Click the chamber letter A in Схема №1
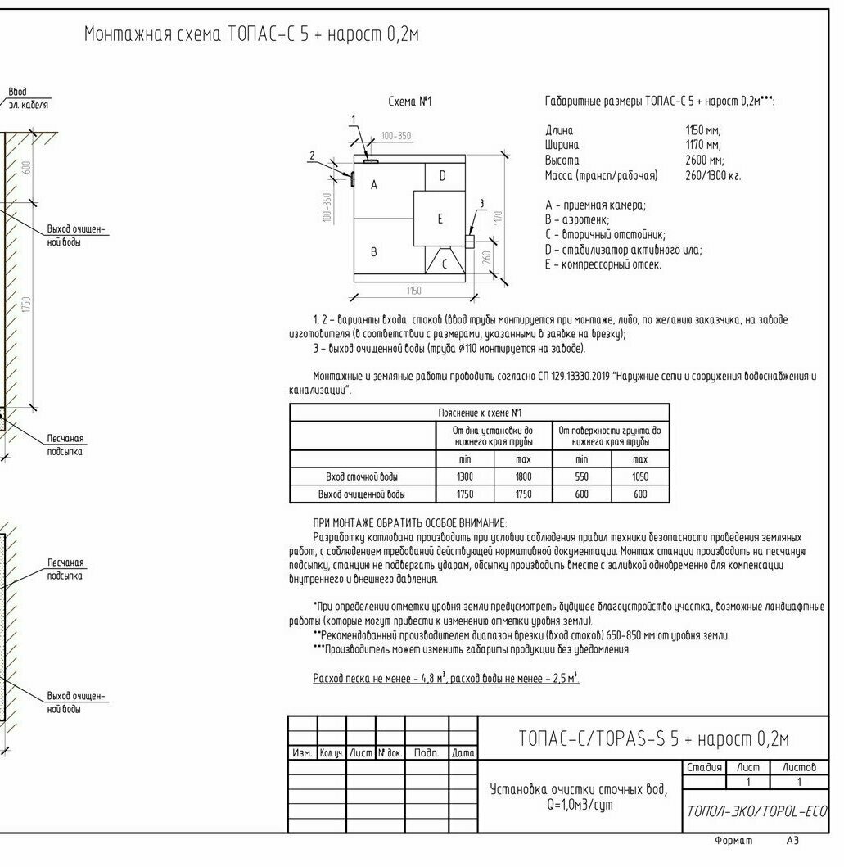click(374, 185)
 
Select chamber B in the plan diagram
click(374, 252)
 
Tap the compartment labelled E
click(440, 219)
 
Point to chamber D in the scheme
click(442, 175)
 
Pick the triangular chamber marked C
click(445, 264)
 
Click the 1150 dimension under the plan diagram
click(413, 291)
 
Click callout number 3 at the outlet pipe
click(481, 204)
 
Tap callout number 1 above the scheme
click(354, 120)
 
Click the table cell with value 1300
click(465, 476)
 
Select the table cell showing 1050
click(640, 476)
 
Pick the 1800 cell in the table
click(523, 476)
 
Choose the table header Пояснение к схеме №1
click(479, 413)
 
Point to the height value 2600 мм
click(704, 160)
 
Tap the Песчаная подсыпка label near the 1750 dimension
click(65, 445)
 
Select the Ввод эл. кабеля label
click(28, 98)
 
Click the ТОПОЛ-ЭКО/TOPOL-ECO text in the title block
click(756, 811)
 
